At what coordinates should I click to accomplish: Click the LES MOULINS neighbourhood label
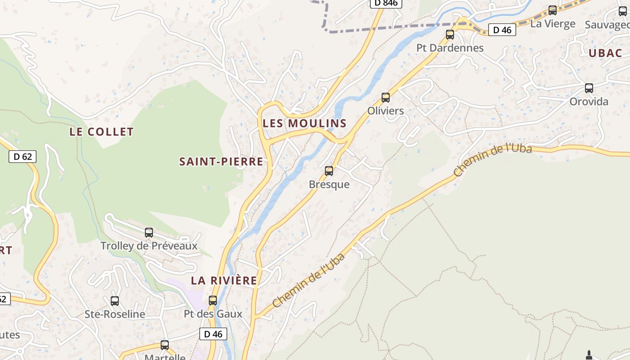tap(305, 123)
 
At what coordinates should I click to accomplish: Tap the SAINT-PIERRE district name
tap(221, 162)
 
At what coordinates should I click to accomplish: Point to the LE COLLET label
tap(102, 132)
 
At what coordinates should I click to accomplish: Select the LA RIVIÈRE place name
tap(224, 280)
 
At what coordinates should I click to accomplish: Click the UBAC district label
tap(605, 53)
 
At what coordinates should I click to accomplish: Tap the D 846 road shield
tap(386, 3)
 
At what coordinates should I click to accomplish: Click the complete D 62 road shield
tap(22, 157)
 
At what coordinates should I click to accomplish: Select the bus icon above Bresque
tap(329, 171)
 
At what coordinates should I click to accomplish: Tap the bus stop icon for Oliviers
tap(386, 97)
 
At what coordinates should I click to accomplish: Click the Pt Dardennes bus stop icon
tap(450, 34)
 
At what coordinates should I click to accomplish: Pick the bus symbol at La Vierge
tap(553, 10)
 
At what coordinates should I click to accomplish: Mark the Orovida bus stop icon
tap(589, 88)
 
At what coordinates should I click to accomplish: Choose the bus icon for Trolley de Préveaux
tap(149, 233)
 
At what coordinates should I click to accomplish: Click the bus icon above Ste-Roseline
tap(115, 301)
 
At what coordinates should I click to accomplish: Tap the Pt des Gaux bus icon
tap(213, 300)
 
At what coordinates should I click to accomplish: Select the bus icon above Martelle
tap(165, 345)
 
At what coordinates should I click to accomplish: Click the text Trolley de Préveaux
tap(149, 246)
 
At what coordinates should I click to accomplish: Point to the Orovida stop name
tap(589, 102)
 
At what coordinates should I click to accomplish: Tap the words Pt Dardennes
tap(450, 48)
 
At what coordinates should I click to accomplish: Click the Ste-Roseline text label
tap(115, 314)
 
